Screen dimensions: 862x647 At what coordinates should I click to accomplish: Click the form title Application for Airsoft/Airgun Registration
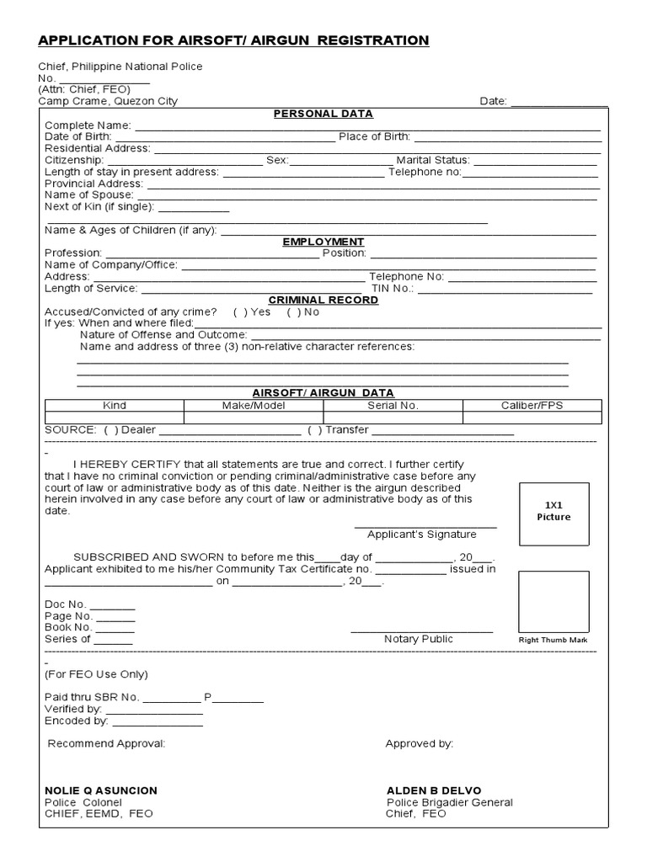click(233, 40)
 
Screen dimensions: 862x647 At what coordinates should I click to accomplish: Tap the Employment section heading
click(323, 242)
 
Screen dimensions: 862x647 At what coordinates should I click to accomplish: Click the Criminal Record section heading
click(323, 300)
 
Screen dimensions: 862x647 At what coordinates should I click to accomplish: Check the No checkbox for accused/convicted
click(292, 311)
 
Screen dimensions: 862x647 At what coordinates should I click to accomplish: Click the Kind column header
click(114, 406)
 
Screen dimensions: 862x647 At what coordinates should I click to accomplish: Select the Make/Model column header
click(254, 406)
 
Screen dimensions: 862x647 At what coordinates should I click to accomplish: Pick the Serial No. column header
click(393, 406)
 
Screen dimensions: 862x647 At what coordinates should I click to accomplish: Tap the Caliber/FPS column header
click(532, 406)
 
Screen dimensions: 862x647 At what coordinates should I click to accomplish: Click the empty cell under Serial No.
click(393, 418)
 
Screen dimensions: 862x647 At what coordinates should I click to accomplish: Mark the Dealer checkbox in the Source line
click(110, 430)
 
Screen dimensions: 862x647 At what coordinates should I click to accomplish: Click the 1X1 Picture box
click(553, 511)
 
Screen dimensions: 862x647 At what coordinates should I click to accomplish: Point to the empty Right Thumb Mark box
click(553, 601)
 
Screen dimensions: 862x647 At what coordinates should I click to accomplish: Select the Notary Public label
click(418, 639)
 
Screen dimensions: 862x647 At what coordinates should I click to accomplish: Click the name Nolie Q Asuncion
click(100, 790)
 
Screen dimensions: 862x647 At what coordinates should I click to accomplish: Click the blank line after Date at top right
click(559, 102)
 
